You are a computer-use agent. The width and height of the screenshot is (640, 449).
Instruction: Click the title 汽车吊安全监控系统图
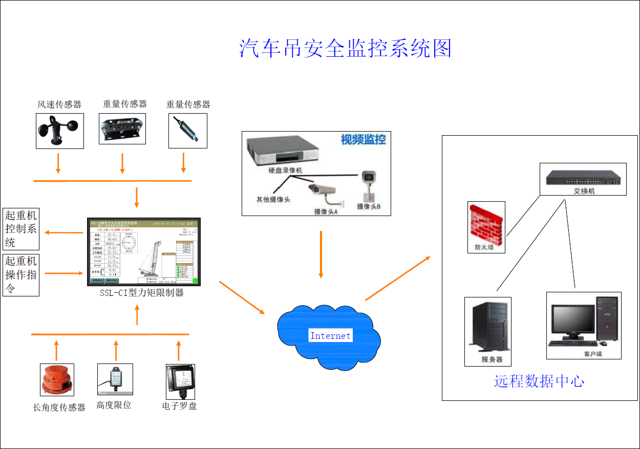[346, 48]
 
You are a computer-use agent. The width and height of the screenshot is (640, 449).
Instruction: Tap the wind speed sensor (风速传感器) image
[59, 131]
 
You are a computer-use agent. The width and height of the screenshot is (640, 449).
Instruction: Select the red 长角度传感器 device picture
[57, 380]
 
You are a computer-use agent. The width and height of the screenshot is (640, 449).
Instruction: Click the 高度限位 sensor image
[115, 379]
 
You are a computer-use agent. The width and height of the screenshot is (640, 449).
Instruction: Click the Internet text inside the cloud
[330, 336]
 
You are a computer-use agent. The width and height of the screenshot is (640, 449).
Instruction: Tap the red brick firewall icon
[486, 223]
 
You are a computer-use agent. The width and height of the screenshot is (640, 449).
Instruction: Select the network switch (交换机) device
[583, 177]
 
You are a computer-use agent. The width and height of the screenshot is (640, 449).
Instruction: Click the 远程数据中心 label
[539, 381]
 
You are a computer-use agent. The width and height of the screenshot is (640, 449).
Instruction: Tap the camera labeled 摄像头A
[323, 192]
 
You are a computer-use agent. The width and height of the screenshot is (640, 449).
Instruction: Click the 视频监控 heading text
[363, 139]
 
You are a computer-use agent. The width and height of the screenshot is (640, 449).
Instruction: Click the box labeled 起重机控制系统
[21, 229]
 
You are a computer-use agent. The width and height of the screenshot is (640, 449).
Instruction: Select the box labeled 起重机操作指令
[21, 275]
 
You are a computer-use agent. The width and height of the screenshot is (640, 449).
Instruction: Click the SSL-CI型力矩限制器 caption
[142, 293]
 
